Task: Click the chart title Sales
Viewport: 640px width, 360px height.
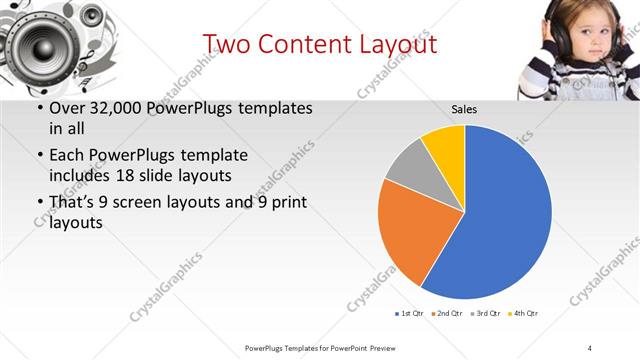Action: coord(463,109)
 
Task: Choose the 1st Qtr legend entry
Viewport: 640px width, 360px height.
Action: coord(409,313)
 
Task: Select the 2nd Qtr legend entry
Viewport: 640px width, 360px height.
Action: coord(446,313)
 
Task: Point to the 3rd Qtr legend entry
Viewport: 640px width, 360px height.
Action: coord(485,313)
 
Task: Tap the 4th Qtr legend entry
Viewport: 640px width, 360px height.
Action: coord(523,313)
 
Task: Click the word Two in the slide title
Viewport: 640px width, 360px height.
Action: coord(226,44)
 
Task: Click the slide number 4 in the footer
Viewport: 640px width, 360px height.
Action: coord(590,347)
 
